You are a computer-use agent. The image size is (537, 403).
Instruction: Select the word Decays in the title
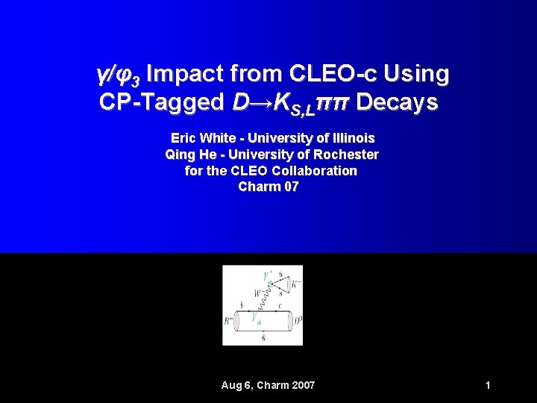click(x=397, y=102)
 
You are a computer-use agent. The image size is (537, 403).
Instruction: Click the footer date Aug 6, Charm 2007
click(x=268, y=385)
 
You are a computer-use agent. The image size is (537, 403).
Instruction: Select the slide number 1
click(x=487, y=385)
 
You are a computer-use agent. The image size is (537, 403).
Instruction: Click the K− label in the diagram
click(x=296, y=284)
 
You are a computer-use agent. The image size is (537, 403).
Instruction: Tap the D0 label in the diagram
click(x=296, y=321)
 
